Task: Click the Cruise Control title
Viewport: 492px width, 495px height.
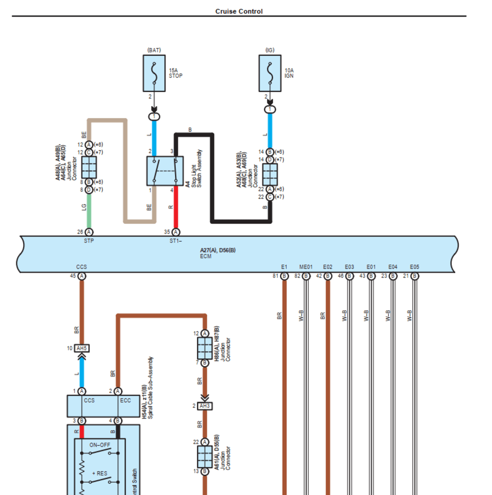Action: pyautogui.click(x=239, y=11)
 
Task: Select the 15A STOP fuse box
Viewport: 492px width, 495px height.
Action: pyautogui.click(x=154, y=73)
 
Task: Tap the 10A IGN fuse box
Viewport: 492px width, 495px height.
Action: pyautogui.click(x=270, y=73)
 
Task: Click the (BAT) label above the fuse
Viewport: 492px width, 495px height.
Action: pyautogui.click(x=154, y=50)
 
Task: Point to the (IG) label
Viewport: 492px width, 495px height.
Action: pyautogui.click(x=270, y=50)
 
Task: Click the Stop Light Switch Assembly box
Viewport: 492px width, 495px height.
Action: pyautogui.click(x=165, y=171)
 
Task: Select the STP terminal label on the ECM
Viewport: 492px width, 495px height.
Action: pyautogui.click(x=89, y=241)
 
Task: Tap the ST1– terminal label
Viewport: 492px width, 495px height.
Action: pyautogui.click(x=176, y=241)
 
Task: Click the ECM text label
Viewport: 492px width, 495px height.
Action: pyautogui.click(x=205, y=256)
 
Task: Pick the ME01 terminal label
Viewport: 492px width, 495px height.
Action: pyautogui.click(x=306, y=267)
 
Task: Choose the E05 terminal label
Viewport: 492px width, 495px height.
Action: pyautogui.click(x=415, y=267)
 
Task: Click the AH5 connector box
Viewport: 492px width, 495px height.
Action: pyautogui.click(x=82, y=348)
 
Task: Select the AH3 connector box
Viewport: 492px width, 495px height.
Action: pyautogui.click(x=205, y=406)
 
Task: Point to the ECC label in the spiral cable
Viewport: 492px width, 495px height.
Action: pyautogui.click(x=125, y=401)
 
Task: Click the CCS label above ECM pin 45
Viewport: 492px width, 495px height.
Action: pyautogui.click(x=82, y=267)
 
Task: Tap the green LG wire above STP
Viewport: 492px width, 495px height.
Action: pyautogui.click(x=89, y=212)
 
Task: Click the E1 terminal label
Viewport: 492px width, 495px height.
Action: pyautogui.click(x=284, y=267)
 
